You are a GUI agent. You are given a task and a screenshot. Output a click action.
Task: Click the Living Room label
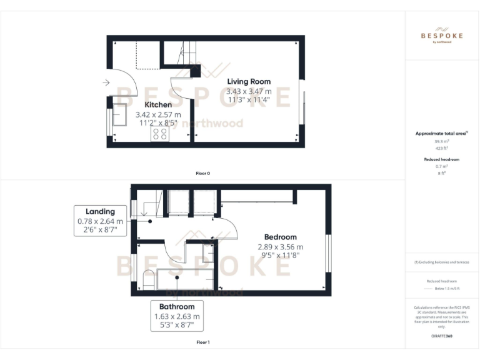249,82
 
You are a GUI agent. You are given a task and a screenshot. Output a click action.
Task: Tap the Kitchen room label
158,105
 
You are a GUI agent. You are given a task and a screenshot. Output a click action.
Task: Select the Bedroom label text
280,237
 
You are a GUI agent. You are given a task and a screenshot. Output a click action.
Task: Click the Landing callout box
100,221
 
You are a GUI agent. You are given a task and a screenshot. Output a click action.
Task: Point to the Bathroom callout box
177,316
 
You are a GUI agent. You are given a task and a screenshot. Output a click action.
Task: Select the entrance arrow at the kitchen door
106,82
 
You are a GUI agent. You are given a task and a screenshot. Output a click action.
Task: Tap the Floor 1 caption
202,342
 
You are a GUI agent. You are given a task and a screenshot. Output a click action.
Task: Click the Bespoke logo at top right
442,36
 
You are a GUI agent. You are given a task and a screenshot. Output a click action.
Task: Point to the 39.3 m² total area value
442,142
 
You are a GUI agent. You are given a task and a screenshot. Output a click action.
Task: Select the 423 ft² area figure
442,149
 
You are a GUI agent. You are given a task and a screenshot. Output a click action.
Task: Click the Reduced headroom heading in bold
442,159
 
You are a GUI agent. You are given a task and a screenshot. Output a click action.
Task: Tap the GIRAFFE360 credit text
442,336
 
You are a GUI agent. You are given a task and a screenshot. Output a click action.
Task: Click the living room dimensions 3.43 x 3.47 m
249,91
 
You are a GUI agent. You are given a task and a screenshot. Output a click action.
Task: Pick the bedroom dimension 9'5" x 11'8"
280,256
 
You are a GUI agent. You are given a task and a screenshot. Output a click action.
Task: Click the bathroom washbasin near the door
207,254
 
